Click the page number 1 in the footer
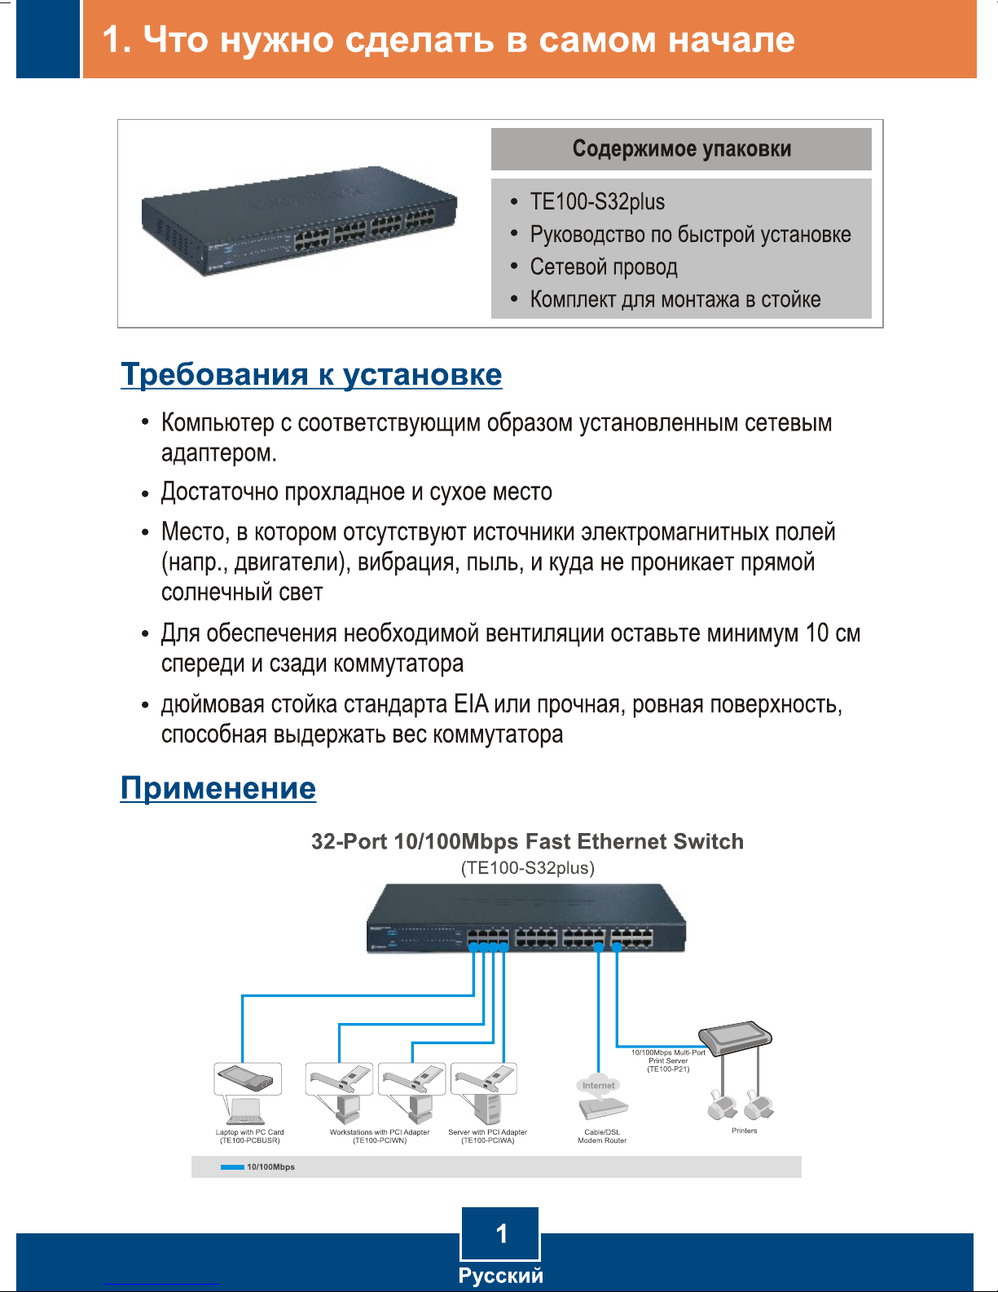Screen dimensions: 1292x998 [x=501, y=1234]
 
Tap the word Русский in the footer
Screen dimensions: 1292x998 [x=500, y=1276]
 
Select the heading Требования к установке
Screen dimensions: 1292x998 [x=311, y=374]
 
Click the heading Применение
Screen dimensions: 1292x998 [x=218, y=788]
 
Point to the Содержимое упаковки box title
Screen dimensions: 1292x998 [x=681, y=149]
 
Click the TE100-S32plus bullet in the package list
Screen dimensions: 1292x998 [x=597, y=202]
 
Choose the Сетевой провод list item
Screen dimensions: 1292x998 [x=604, y=267]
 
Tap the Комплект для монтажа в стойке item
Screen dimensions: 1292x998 [x=675, y=300]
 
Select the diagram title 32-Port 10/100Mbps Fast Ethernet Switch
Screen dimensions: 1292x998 [x=527, y=841]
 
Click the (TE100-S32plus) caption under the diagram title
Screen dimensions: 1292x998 [x=528, y=868]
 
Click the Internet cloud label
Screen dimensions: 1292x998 [x=599, y=1085]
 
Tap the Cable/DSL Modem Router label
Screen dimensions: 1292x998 [x=602, y=1136]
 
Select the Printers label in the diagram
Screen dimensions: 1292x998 [x=744, y=1131]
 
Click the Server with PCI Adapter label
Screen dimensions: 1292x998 [x=487, y=1136]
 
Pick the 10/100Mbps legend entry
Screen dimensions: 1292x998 [x=258, y=1167]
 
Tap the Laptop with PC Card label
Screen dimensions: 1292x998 [x=249, y=1136]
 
